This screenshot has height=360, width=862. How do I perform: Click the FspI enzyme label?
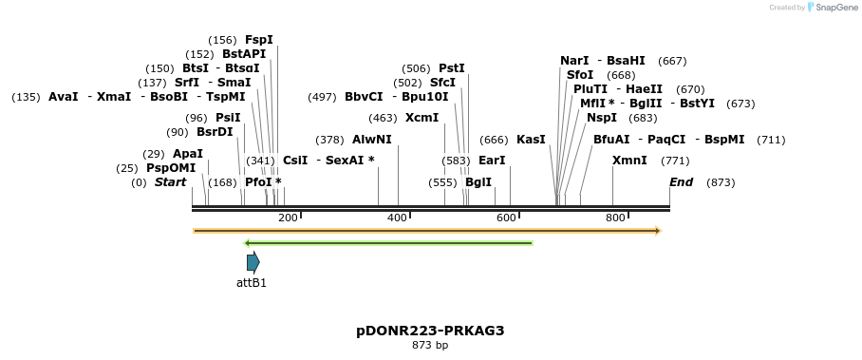tap(258, 40)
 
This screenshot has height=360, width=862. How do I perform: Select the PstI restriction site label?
tap(451, 68)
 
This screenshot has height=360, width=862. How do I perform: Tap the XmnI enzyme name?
tap(629, 161)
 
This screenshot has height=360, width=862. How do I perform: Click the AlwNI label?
tap(371, 140)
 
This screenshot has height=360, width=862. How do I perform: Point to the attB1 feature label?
tap(252, 282)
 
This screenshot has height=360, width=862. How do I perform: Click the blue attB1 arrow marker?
tap(253, 262)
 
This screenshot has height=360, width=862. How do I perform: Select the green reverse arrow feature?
tap(388, 243)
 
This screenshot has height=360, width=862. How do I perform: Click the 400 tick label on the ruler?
tap(398, 218)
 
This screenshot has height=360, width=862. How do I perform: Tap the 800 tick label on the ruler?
tap(615, 218)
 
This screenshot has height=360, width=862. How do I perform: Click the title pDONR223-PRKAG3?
tap(430, 331)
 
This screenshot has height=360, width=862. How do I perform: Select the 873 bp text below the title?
tap(430, 345)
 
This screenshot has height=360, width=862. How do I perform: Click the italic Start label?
tap(171, 182)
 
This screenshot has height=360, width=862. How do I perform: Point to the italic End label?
tap(681, 182)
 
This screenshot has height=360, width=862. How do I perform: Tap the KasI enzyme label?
tap(531, 140)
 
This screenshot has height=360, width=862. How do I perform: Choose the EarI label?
tap(492, 161)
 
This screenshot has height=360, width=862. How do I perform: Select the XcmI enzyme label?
tap(422, 118)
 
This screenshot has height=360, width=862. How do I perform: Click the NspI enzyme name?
tap(601, 118)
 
